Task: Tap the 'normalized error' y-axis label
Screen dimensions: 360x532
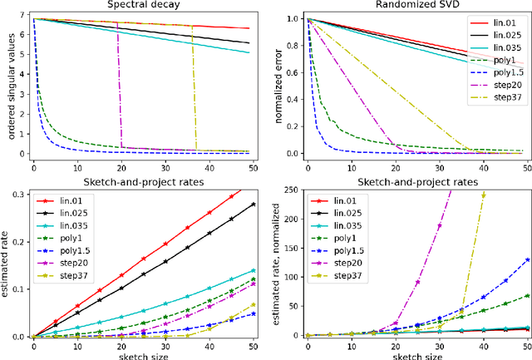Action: (278, 86)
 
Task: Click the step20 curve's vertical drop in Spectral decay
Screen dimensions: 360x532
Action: (120, 91)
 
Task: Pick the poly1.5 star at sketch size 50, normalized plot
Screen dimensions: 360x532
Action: (528, 259)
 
